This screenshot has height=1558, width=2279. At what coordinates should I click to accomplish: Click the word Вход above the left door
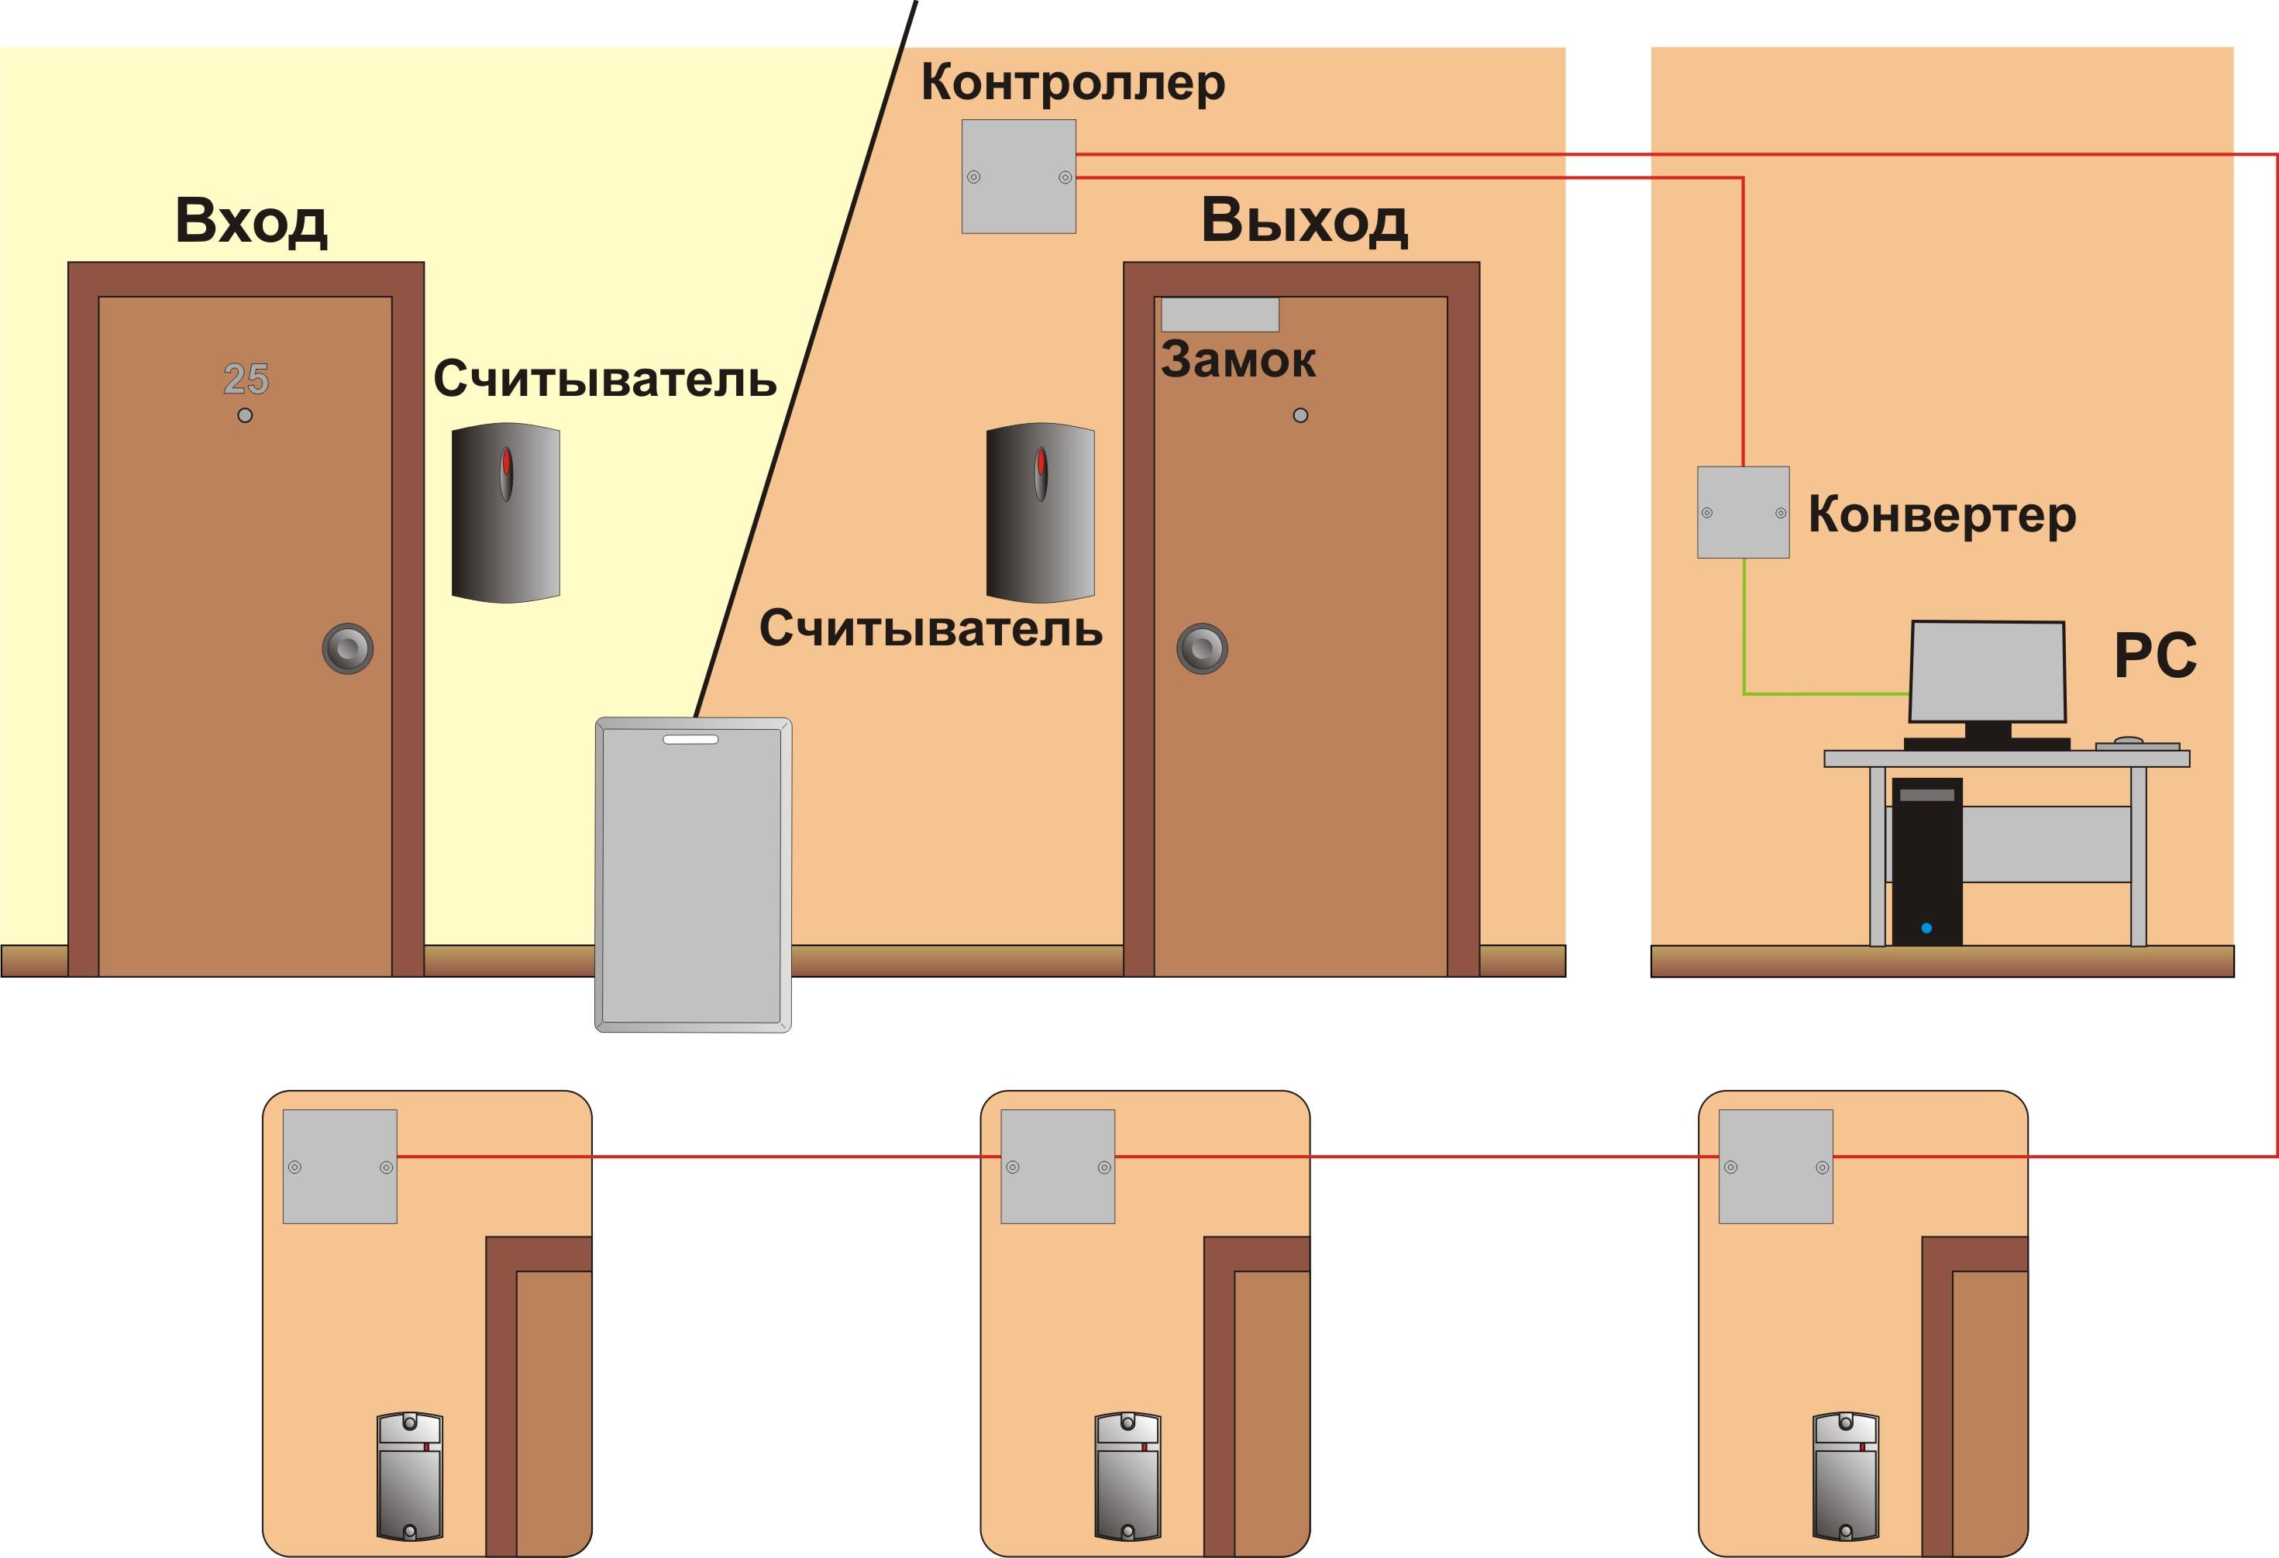tap(251, 221)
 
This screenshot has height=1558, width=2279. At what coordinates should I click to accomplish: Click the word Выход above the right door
tap(1304, 221)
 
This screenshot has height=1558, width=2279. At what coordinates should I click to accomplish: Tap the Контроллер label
tap(1072, 82)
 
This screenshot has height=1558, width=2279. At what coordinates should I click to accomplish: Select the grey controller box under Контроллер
tap(1019, 177)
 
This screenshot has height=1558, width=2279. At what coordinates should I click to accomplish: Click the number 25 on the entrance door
tap(246, 379)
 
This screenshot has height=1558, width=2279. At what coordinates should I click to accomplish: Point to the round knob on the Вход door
tap(348, 648)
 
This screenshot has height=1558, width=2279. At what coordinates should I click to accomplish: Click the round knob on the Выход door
tap(1202, 648)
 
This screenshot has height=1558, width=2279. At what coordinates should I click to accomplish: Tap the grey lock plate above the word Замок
tap(1220, 315)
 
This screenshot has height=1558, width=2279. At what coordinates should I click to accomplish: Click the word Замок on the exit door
tap(1238, 359)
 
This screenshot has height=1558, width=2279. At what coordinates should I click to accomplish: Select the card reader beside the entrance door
tap(506, 513)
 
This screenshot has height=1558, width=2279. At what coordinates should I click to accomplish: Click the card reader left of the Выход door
tap(1041, 513)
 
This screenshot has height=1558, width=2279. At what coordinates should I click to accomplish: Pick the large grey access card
tap(694, 875)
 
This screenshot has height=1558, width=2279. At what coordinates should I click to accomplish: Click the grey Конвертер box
tap(1744, 513)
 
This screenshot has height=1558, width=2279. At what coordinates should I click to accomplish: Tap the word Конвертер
tap(1943, 514)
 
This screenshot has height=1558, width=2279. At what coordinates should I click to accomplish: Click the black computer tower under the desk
tap(1927, 862)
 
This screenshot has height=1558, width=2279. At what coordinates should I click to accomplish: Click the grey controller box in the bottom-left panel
tap(340, 1167)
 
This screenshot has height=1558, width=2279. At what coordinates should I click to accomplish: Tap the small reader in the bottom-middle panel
tap(1127, 1477)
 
